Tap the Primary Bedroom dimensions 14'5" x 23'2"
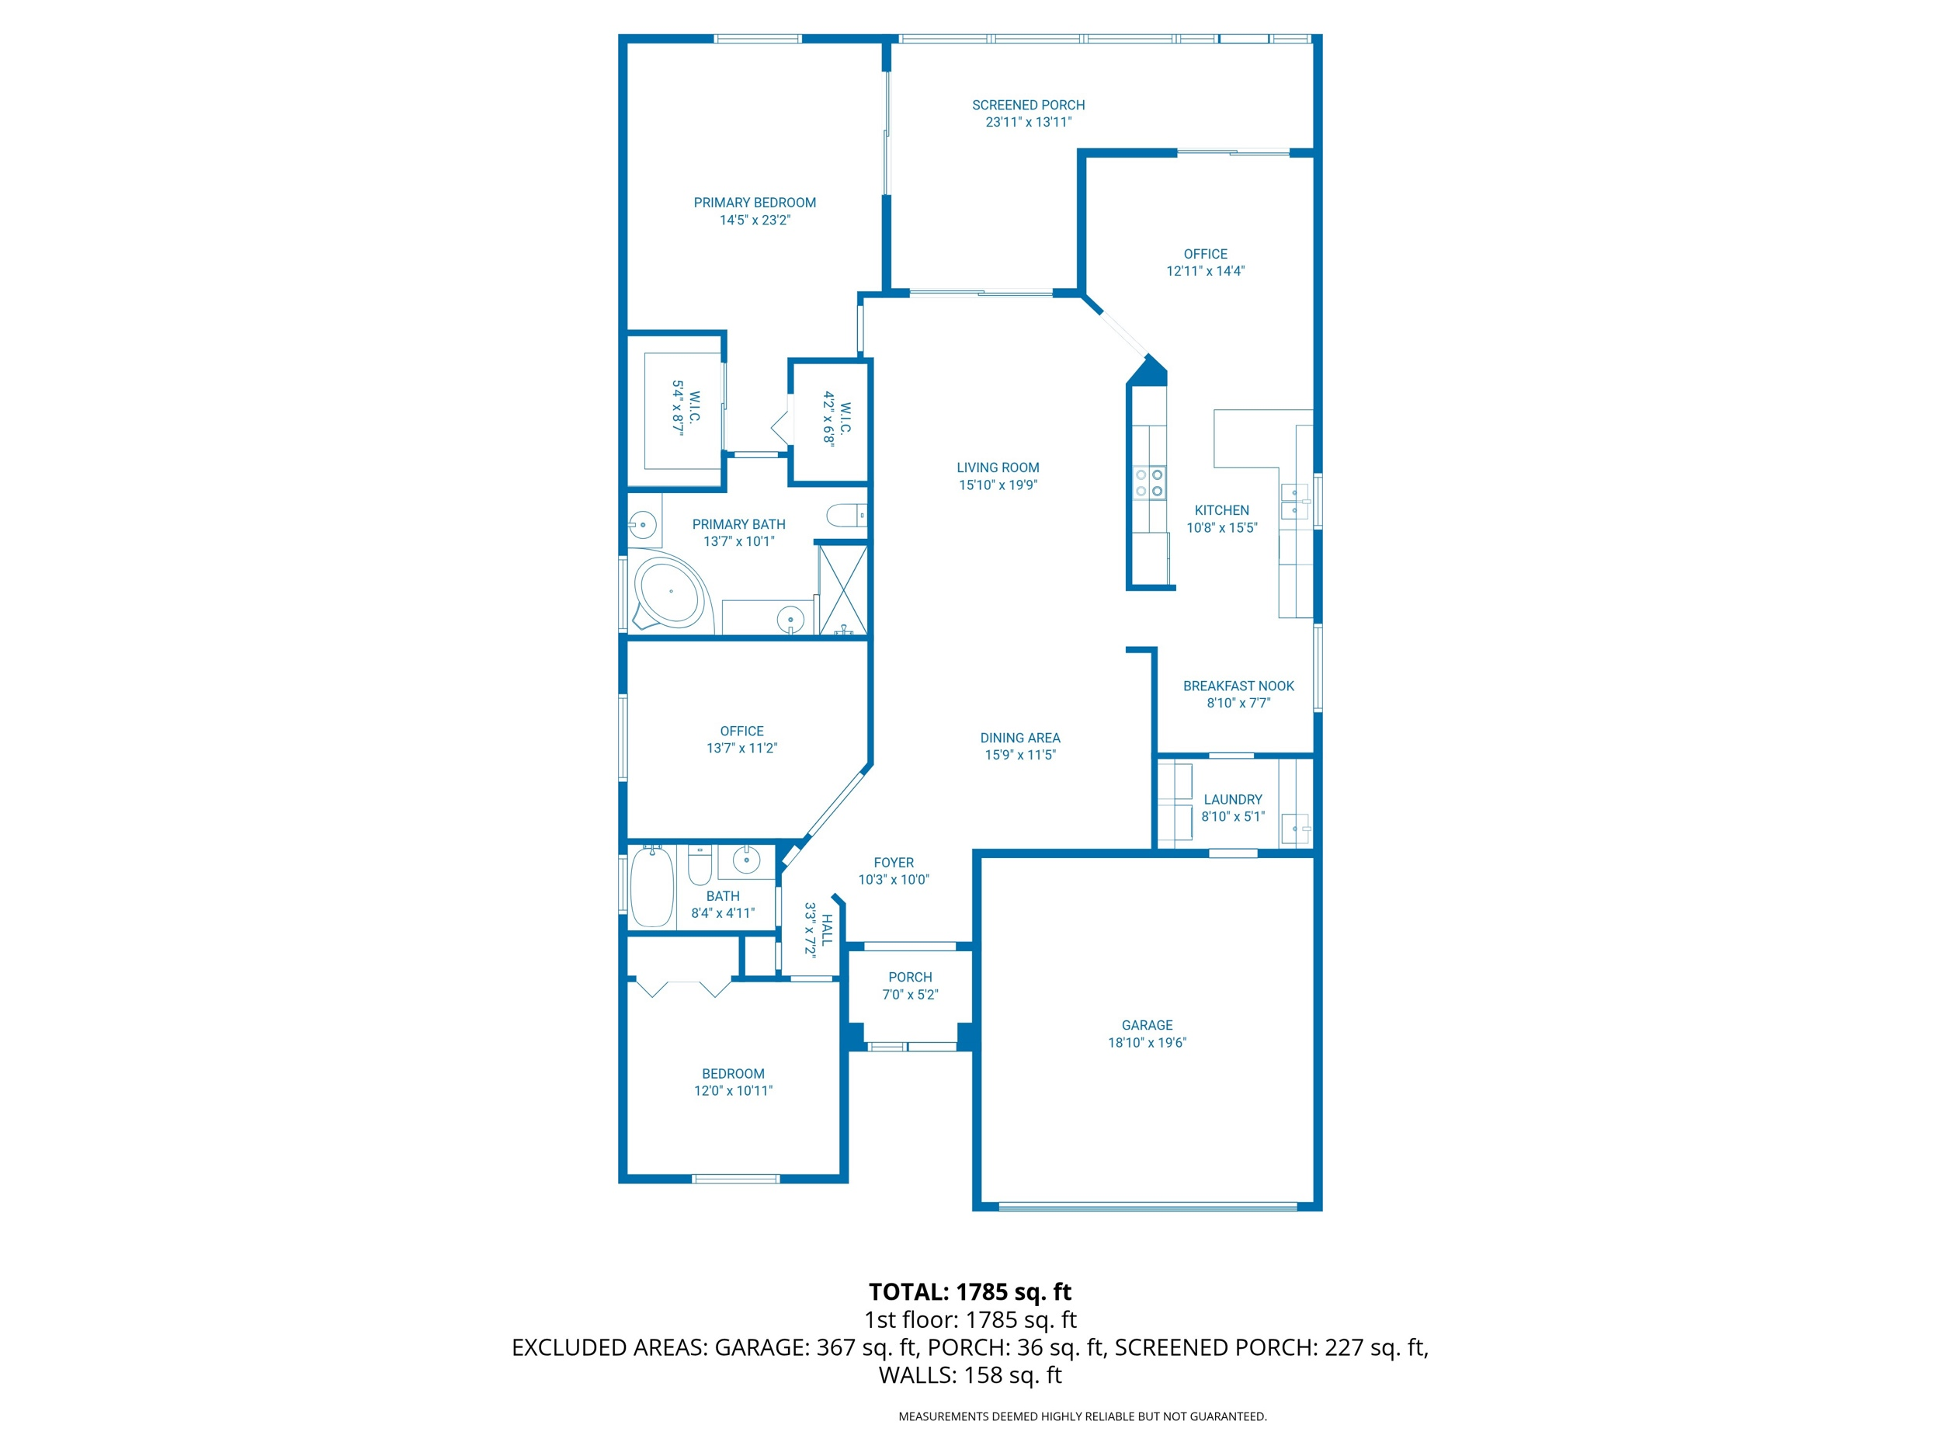755,221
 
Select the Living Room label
998,467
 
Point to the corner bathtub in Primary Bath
668,593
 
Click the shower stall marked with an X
842,589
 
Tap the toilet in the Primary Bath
847,515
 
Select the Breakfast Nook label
1238,686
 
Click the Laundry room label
1233,800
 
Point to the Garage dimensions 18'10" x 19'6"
1147,1043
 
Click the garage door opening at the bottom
1148,1207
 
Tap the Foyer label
894,863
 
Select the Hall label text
827,930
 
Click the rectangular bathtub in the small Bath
652,887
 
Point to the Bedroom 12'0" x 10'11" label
734,1082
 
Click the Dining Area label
1019,738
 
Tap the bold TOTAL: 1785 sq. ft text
970,1292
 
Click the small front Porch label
910,977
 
